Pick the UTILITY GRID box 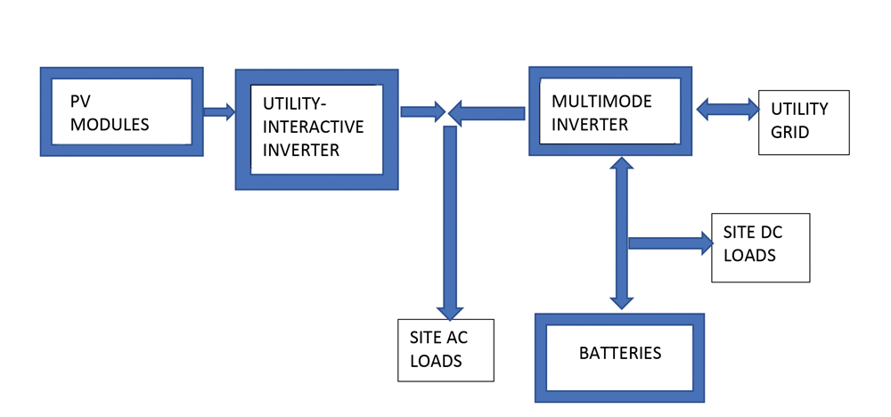804,122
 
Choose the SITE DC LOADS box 760,247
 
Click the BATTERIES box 619,356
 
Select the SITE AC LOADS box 445,349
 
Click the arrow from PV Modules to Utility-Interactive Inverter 218,111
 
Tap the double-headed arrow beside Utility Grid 726,110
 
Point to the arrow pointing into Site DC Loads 670,242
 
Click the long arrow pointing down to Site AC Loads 450,223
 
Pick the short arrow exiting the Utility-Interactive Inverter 422,111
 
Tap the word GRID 790,132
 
